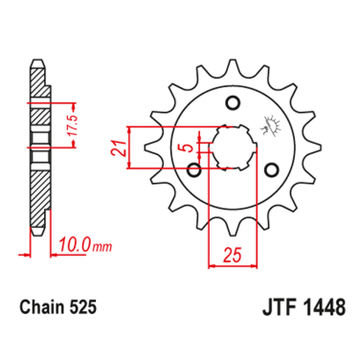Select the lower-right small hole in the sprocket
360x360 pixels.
[270, 169]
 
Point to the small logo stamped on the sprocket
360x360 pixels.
[266, 124]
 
